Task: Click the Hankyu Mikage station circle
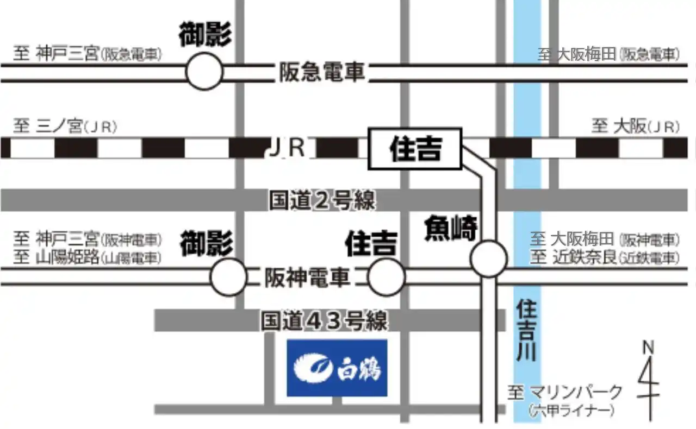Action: click(204, 71)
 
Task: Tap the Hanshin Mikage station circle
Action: click(229, 277)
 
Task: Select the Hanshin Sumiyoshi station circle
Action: click(387, 277)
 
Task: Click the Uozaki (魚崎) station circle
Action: click(489, 258)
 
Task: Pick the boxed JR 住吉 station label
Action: click(415, 149)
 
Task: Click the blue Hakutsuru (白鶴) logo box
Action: click(337, 368)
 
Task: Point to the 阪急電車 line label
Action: click(322, 72)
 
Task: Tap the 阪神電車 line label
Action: click(308, 277)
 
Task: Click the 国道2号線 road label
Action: click(322, 200)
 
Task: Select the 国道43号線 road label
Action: click(324, 320)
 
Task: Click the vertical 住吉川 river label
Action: click(527, 330)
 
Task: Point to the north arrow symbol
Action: click(649, 381)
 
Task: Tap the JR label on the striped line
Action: click(287, 148)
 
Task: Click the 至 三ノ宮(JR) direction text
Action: click(65, 127)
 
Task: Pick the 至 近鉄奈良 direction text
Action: click(605, 257)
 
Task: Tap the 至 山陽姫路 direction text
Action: click(88, 257)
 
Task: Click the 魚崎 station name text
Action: click(451, 229)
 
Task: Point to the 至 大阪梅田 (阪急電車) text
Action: click(609, 55)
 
